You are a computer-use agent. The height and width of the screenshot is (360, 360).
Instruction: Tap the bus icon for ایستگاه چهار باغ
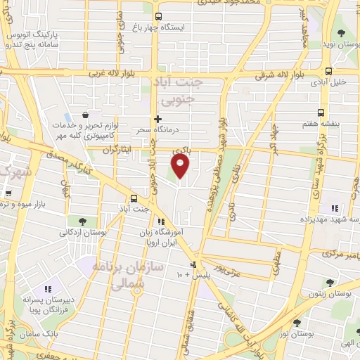(x=158, y=16)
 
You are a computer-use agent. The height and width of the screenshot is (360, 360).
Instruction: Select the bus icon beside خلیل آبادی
(x=328, y=70)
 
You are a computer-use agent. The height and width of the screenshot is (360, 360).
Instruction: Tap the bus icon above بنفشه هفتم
(x=321, y=112)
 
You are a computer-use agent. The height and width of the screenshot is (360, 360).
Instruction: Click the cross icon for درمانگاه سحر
(x=158, y=119)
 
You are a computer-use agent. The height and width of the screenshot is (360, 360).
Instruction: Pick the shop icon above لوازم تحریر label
(x=86, y=115)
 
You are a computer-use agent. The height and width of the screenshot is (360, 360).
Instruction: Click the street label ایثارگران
(x=117, y=150)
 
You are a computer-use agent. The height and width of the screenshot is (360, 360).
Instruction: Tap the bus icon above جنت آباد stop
(x=134, y=198)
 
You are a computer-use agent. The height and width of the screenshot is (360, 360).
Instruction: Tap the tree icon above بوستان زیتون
(x=328, y=282)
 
